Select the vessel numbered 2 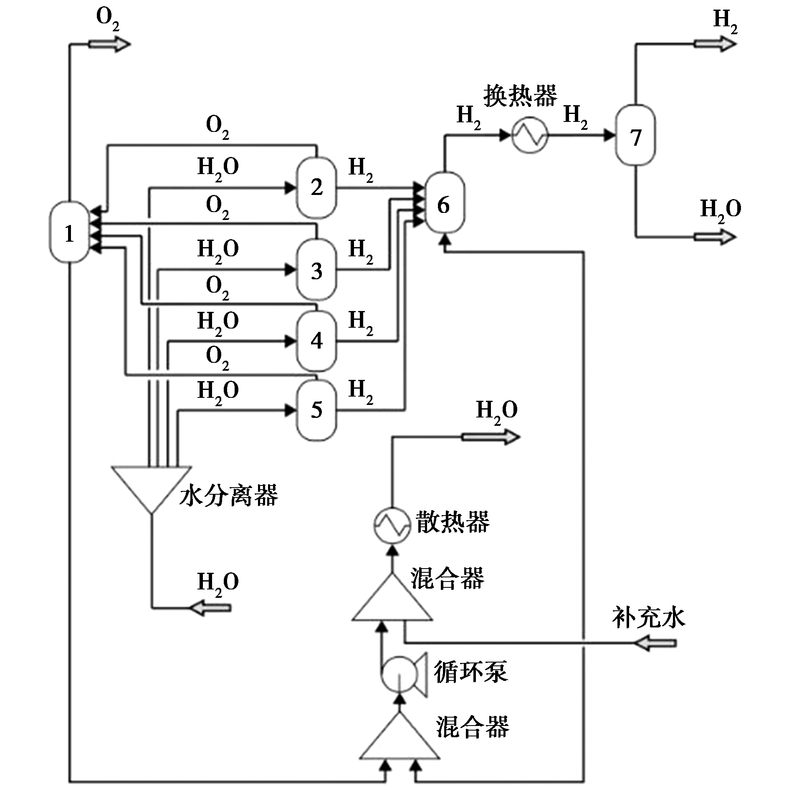[316, 187]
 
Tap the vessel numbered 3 [316, 270]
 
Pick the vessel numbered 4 [316, 341]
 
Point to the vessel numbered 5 [316, 410]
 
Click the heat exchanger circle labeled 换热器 [530, 135]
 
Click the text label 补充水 [648, 618]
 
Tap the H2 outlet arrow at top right [715, 43]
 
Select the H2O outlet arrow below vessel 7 [715, 237]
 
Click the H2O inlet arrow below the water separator [210, 608]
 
